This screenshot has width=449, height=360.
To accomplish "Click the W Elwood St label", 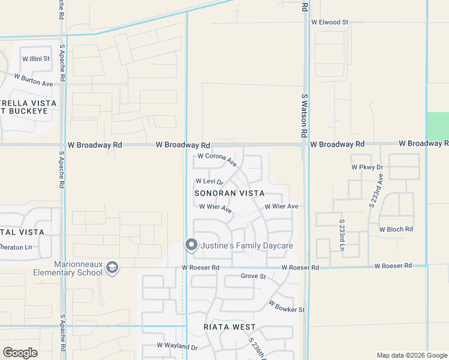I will (330, 22).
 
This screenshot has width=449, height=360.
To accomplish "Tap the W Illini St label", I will (36, 59).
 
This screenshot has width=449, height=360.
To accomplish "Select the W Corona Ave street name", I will (217, 159).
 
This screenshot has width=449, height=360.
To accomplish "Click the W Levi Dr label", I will (209, 181).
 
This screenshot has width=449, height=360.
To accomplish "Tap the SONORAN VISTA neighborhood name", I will (229, 194).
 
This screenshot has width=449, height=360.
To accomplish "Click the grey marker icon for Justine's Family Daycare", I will (191, 245).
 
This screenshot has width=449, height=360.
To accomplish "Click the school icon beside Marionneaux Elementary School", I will (112, 268).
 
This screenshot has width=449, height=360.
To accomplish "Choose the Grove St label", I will (253, 277).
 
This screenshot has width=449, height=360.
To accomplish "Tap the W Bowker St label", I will (287, 307).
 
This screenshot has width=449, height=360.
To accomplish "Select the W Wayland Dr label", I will (177, 346).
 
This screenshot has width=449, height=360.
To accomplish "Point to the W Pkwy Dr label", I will (367, 167).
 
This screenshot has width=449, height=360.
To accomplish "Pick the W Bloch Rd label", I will (396, 229).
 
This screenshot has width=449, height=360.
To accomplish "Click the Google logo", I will (20, 353).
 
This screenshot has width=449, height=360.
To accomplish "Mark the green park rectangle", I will (437, 126).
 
